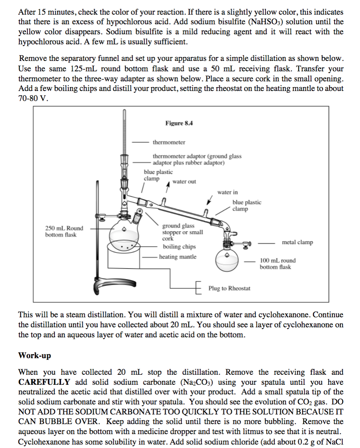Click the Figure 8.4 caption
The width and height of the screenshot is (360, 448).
point(179,123)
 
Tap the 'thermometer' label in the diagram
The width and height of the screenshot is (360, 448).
point(169,142)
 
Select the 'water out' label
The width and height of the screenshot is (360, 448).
point(184,182)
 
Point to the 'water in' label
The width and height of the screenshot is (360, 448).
point(227,192)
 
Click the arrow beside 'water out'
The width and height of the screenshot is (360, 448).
point(167,187)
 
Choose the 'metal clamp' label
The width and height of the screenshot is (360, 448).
point(297,243)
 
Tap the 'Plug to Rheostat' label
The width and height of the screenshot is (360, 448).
point(229,288)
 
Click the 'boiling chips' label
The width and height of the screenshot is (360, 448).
point(179,247)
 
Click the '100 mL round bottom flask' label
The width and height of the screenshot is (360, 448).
point(278,264)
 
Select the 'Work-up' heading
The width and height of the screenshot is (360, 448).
point(34,355)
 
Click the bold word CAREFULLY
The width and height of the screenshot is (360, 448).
point(44,382)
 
